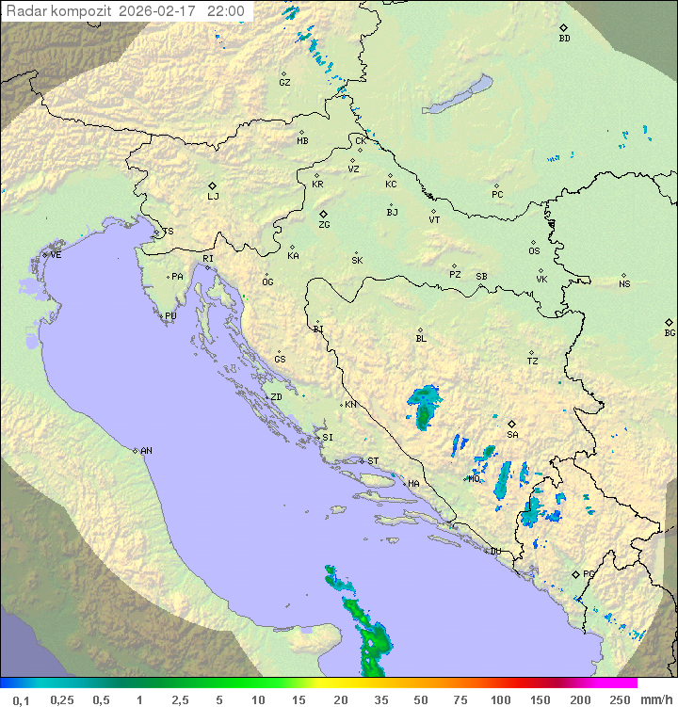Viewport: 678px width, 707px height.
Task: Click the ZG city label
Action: pyautogui.click(x=324, y=225)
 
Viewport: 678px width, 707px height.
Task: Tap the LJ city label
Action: pyautogui.click(x=213, y=197)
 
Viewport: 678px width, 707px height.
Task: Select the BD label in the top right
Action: pyautogui.click(x=564, y=39)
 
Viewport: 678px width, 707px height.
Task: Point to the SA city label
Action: pyautogui.click(x=512, y=435)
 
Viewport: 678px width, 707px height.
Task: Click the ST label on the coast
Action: pyautogui.click(x=373, y=461)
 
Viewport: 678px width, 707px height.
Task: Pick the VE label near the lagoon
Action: pyautogui.click(x=56, y=255)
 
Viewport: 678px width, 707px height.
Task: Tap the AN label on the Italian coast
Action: pyautogui.click(x=146, y=451)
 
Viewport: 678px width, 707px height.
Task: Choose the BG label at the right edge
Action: pyautogui.click(x=670, y=333)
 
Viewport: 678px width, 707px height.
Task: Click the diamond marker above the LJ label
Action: pyautogui.click(x=213, y=185)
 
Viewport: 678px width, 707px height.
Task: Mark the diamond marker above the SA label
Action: pyautogui.click(x=512, y=424)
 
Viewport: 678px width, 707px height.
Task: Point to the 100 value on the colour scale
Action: pyautogui.click(x=500, y=699)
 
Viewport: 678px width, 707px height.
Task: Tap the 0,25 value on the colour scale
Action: pyautogui.click(x=62, y=699)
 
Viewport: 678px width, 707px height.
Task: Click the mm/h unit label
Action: pyautogui.click(x=655, y=699)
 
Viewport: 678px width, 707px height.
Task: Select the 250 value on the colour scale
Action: pyautogui.click(x=620, y=699)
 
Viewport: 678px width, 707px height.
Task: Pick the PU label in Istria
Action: pyautogui.click(x=170, y=316)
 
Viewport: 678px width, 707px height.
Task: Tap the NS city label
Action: pyautogui.click(x=624, y=284)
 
